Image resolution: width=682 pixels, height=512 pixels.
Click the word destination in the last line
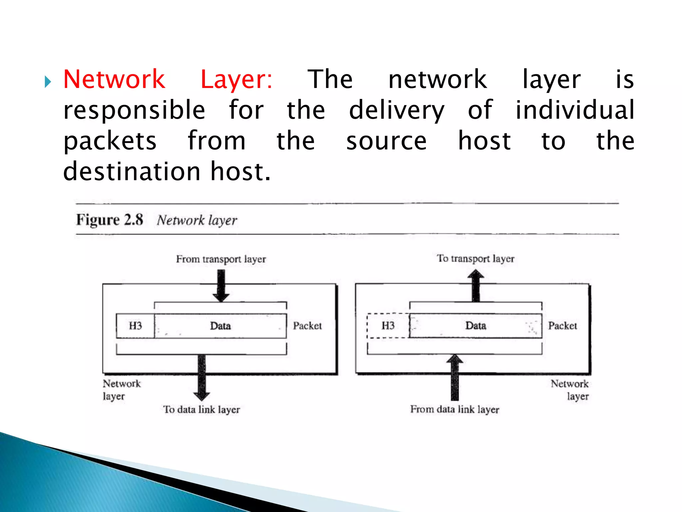[132, 172]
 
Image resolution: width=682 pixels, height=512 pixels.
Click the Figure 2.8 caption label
[110, 220]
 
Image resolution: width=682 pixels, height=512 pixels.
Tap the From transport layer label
[221, 259]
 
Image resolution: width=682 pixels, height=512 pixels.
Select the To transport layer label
[476, 258]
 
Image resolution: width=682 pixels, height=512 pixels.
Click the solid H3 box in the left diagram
[135, 326]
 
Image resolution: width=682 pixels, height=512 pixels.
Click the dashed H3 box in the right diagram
[388, 326]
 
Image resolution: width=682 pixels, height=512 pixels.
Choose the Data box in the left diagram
[220, 326]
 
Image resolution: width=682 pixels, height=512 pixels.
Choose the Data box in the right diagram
[476, 326]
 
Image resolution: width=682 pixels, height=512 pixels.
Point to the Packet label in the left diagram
[307, 326]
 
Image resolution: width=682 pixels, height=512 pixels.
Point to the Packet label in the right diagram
[562, 326]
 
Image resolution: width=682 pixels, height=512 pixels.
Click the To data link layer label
[201, 409]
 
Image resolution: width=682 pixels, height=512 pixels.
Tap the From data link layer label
[455, 409]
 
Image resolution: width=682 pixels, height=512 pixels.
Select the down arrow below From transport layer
[221, 285]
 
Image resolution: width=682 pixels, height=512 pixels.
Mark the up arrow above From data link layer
[455, 377]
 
